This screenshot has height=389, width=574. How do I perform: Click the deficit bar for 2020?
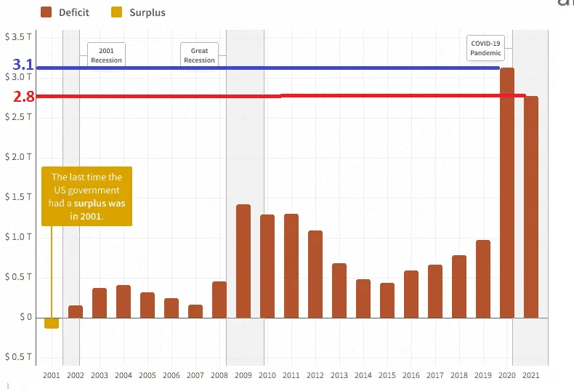point(507,193)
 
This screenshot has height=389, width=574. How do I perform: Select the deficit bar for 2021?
point(531,207)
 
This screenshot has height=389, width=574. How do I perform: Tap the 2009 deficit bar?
point(243,261)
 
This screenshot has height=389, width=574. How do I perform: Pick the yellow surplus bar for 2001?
point(52,323)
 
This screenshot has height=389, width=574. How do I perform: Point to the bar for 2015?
point(387,300)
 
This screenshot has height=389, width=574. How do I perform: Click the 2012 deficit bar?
point(315,274)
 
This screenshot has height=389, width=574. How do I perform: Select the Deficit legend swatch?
point(47,12)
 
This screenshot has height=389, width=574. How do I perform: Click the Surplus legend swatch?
point(116,12)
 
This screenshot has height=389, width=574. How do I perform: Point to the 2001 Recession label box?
point(106,55)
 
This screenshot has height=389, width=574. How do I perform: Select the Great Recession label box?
point(199,55)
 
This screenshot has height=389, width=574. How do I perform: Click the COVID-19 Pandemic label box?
point(486,48)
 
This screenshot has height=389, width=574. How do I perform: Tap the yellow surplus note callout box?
point(86,196)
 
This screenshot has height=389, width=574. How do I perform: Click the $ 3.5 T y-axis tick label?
point(17,36)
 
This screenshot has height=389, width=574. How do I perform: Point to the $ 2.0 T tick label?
point(17,156)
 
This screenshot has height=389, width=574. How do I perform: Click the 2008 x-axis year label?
point(219,375)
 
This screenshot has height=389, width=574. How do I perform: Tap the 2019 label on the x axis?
point(483,375)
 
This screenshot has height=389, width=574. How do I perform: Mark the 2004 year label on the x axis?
point(124,375)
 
